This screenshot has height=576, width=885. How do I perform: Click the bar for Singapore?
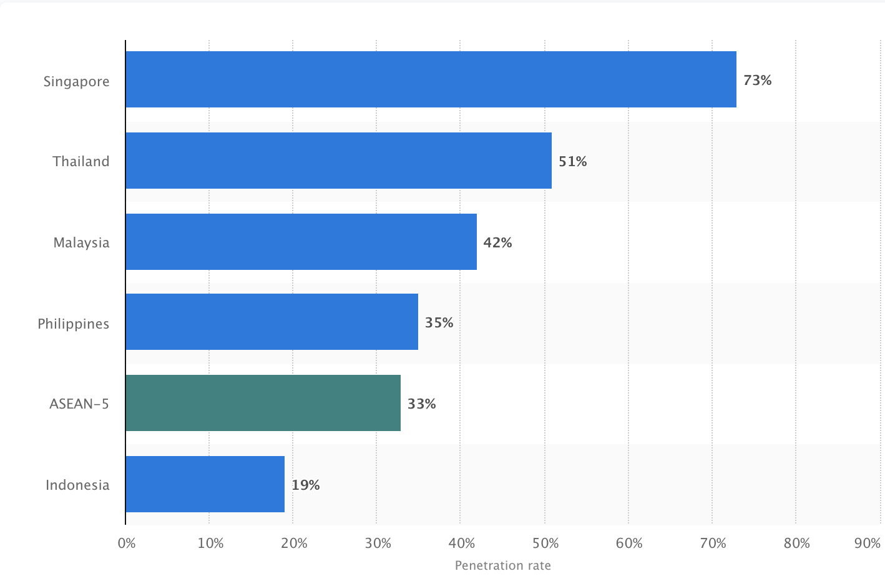point(431,79)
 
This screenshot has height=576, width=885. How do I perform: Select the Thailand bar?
point(338,161)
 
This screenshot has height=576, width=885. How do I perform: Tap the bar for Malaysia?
point(301,242)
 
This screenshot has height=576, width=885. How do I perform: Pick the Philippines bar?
point(271,322)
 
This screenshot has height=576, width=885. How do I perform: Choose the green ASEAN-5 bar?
point(263,403)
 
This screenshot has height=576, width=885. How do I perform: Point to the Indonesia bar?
point(205,484)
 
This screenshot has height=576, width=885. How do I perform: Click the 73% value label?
point(757,81)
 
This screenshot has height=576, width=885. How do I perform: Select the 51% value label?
point(572,162)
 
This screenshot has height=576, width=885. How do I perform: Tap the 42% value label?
point(497,243)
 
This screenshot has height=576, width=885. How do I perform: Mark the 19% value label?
point(305,485)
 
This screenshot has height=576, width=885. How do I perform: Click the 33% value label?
point(421,404)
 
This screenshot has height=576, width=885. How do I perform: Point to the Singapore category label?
point(76,82)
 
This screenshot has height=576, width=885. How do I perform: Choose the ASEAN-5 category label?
point(79,404)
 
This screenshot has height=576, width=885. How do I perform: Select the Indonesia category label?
point(77,485)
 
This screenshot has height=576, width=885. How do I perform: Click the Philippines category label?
point(73,324)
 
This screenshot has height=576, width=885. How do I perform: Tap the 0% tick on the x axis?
point(126,544)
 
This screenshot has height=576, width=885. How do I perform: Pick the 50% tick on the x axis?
point(545,544)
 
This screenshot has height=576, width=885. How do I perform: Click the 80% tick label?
point(796,544)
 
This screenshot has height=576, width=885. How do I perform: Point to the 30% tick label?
point(378,544)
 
